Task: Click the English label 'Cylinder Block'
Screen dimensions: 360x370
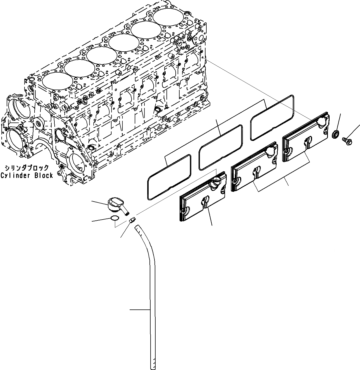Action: pyautogui.click(x=27, y=176)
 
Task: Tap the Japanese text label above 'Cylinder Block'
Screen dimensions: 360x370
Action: pyautogui.click(x=27, y=168)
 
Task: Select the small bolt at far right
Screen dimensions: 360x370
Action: pyautogui.click(x=346, y=140)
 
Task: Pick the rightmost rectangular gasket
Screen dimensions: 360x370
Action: pyautogui.click(x=272, y=117)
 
